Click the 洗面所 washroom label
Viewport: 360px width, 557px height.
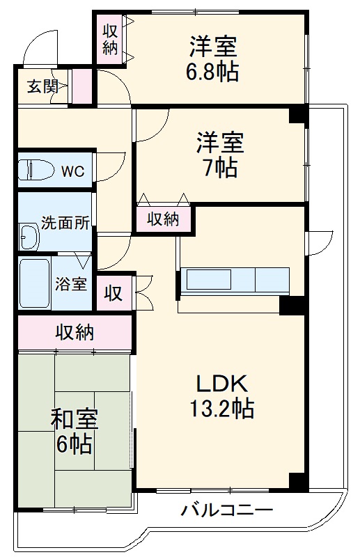coord(65,223)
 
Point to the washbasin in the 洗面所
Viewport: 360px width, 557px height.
coord(30,237)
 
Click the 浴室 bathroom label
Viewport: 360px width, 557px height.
coord(71,283)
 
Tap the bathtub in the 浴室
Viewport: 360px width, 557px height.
coord(34,283)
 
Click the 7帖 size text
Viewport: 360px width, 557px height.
coord(219,168)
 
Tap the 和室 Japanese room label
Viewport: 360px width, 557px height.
coord(74,420)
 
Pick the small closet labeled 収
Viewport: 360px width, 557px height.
coord(112,294)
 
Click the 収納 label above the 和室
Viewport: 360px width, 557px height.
coord(75,332)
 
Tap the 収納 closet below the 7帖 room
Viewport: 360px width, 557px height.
coord(162,219)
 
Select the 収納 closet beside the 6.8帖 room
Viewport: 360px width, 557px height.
coord(110,40)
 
